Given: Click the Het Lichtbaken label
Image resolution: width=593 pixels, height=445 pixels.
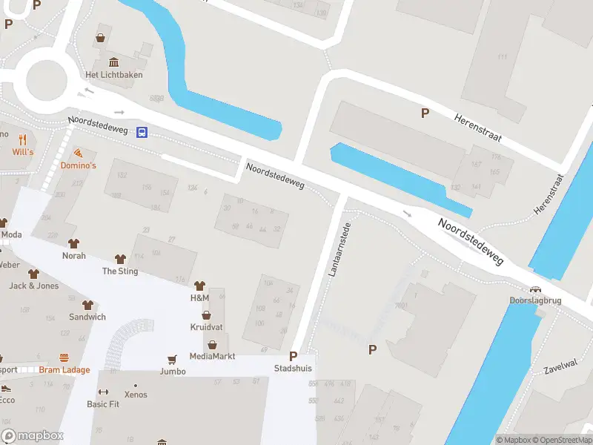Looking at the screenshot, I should [114, 75].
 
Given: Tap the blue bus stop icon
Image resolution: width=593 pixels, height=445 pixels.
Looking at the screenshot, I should [142, 132].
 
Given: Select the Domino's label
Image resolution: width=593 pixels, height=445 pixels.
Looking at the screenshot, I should [78, 165].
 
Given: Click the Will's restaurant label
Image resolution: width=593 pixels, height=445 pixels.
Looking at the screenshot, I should [23, 152].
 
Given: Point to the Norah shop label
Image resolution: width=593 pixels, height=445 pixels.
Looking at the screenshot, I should [74, 256].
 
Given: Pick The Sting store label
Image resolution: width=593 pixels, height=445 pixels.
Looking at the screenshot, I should [120, 271].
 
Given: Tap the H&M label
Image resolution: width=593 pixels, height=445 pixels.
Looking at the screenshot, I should [199, 297].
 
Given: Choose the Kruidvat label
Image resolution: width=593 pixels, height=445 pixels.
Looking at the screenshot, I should [206, 326].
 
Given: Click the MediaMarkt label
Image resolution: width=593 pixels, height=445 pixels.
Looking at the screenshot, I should [212, 356].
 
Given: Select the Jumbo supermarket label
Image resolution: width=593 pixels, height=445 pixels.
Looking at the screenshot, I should [172, 371].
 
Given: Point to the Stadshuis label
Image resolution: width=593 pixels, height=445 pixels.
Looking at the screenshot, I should [293, 368].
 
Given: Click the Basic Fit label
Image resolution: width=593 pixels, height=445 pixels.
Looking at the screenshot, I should [103, 404].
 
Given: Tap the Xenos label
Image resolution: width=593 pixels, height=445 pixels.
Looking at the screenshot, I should [136, 395].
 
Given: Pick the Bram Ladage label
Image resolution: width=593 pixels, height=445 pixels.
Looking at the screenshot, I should [64, 370].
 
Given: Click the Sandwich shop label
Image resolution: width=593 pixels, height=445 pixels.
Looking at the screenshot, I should [87, 317].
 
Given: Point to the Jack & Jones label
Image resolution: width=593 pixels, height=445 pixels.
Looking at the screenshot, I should [33, 286].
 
